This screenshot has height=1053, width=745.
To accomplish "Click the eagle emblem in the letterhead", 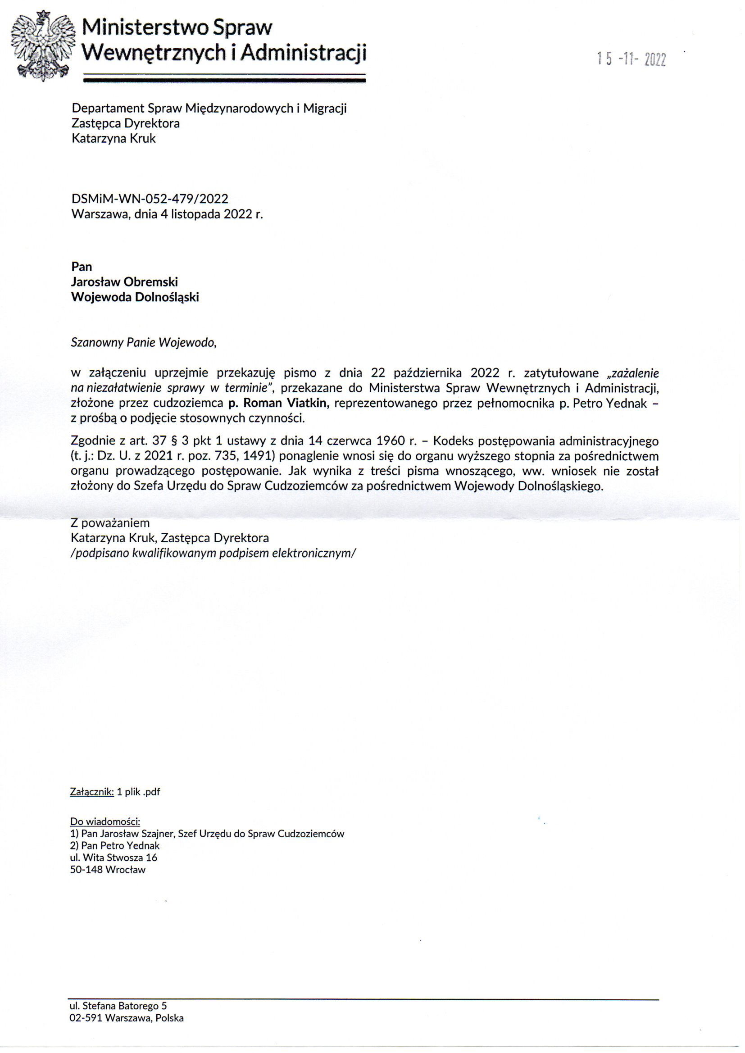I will (44, 46).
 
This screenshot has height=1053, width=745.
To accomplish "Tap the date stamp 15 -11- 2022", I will (631, 59).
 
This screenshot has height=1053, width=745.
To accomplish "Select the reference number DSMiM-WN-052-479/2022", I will (150, 199).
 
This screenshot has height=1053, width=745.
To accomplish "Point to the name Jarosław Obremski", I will (124, 281).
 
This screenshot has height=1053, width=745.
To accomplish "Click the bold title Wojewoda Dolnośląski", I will (135, 297).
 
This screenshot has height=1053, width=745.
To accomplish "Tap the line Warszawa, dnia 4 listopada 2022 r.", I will (167, 214).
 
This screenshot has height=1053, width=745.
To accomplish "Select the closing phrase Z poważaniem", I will (110, 523).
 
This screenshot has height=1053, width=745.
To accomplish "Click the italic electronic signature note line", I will (214, 553).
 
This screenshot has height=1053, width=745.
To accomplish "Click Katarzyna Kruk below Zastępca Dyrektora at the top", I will (114, 138).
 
